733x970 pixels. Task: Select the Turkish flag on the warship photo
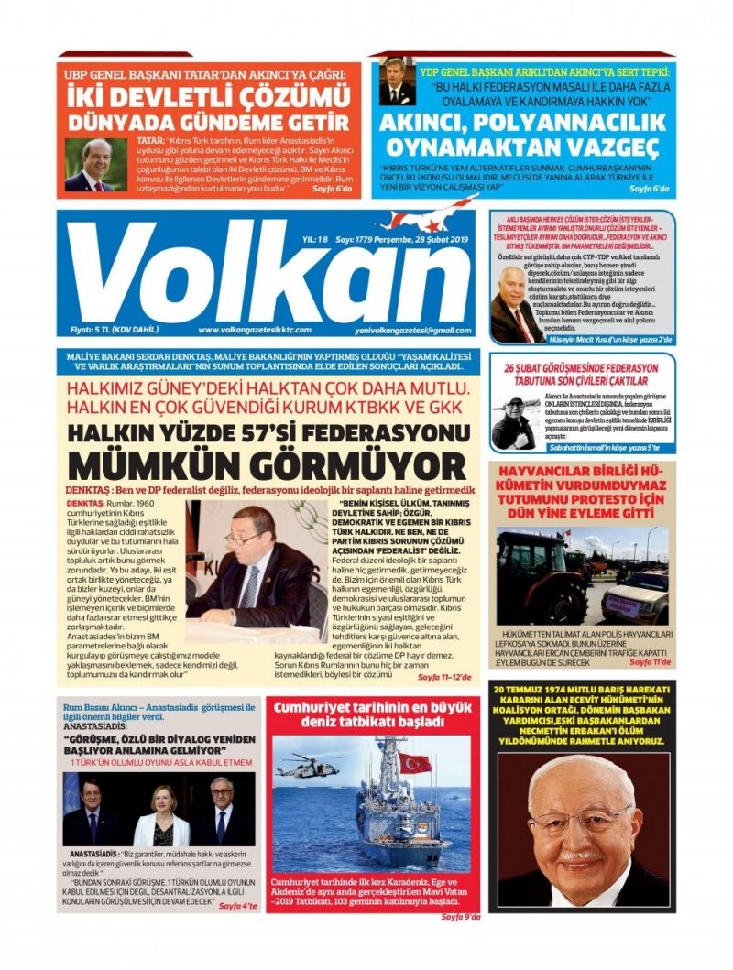[x=414, y=762]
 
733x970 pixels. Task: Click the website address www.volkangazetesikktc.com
[x=254, y=330]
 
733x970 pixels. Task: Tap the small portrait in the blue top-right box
[x=398, y=82]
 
